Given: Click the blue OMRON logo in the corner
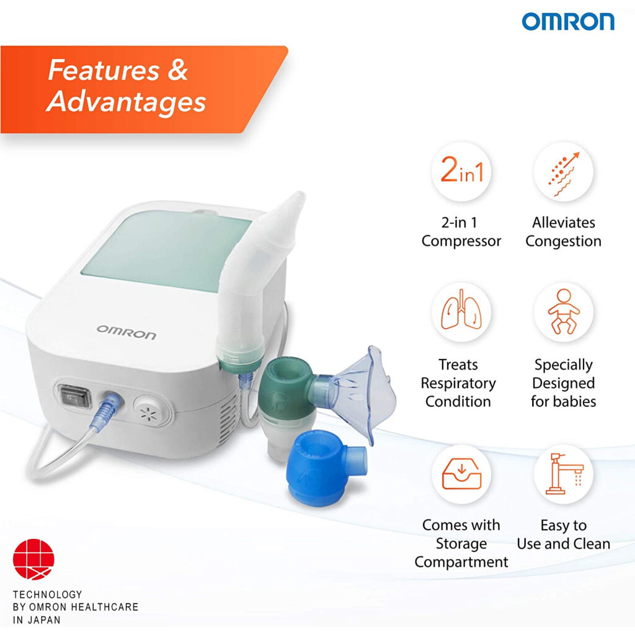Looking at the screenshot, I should click(568, 22).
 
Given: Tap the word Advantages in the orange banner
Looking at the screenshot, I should click(127, 102).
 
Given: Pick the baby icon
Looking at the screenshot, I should click(563, 314).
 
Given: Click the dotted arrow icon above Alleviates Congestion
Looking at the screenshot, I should click(563, 172).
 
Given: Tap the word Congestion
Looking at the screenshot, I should click(563, 241).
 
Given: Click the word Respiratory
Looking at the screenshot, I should click(458, 383).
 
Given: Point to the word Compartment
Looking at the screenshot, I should click(461, 562).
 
